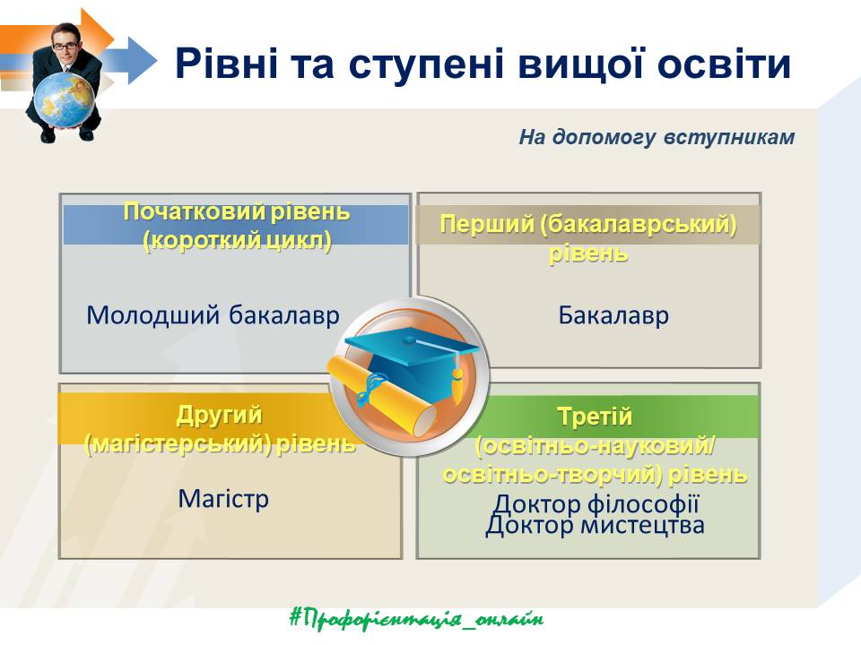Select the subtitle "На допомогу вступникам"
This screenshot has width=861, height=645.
pyautogui.click(x=657, y=137)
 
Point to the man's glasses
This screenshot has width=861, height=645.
pyautogui.click(x=65, y=46)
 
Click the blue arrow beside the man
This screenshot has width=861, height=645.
pyautogui.click(x=129, y=60)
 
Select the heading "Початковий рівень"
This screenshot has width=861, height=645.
pyautogui.click(x=237, y=211)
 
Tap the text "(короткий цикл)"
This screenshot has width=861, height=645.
pyautogui.click(x=237, y=241)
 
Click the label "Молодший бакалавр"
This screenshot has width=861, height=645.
pyautogui.click(x=213, y=315)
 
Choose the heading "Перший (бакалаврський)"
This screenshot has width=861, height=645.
pyautogui.click(x=588, y=224)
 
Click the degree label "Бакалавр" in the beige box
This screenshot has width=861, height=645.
pyautogui.click(x=613, y=315)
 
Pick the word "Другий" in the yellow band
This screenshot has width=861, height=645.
pyautogui.click(x=219, y=415)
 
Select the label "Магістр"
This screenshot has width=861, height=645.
pyautogui.click(x=223, y=499)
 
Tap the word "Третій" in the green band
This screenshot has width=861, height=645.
pyautogui.click(x=595, y=417)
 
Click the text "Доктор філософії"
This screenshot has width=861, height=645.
pyautogui.click(x=596, y=503)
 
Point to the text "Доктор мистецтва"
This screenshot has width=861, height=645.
pyautogui.click(x=596, y=525)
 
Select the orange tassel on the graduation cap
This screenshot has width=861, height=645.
pyautogui.click(x=457, y=382)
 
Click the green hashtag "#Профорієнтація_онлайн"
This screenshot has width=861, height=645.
pyautogui.click(x=417, y=619)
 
